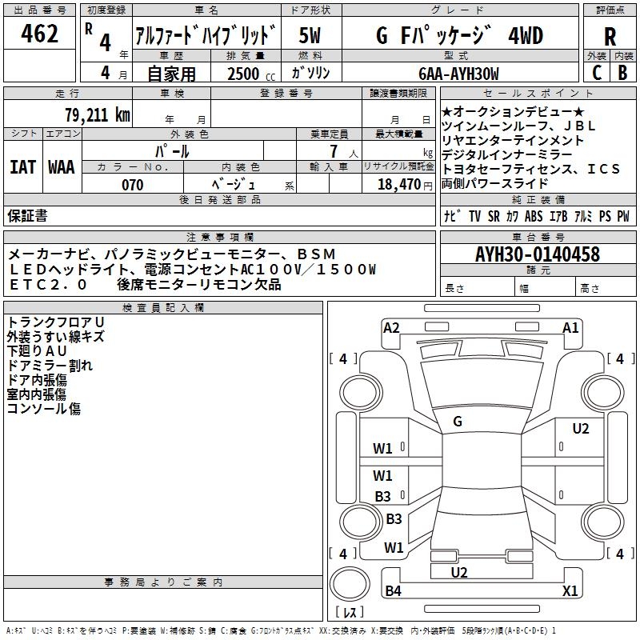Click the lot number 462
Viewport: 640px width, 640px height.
pyautogui.click(x=40, y=34)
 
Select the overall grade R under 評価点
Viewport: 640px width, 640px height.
pyautogui.click(x=610, y=37)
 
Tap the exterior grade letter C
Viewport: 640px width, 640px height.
pyautogui.click(x=596, y=71)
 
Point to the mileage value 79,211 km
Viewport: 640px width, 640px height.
pyautogui.click(x=97, y=114)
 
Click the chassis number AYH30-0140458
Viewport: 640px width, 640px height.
pyautogui.click(x=537, y=254)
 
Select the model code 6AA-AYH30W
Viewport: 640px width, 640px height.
pyautogui.click(x=458, y=74)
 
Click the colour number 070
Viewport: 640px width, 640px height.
pyautogui.click(x=133, y=185)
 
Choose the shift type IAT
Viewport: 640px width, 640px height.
pyautogui.click(x=22, y=167)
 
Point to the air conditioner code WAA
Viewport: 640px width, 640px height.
pyautogui.click(x=62, y=167)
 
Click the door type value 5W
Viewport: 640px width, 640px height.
pyautogui.click(x=310, y=37)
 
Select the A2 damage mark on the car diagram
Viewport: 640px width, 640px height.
pyautogui.click(x=391, y=327)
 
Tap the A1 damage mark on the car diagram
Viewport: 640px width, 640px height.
pyautogui.click(x=570, y=327)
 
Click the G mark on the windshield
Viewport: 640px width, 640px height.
pyautogui.click(x=458, y=422)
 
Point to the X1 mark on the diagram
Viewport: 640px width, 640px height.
pyautogui.click(x=570, y=591)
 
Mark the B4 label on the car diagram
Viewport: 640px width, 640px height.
pyautogui.click(x=393, y=591)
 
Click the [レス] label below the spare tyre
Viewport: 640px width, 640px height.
pyautogui.click(x=349, y=613)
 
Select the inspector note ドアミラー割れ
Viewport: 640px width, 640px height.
pyautogui.click(x=50, y=366)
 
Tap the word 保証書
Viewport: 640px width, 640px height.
pyautogui.click(x=27, y=215)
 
